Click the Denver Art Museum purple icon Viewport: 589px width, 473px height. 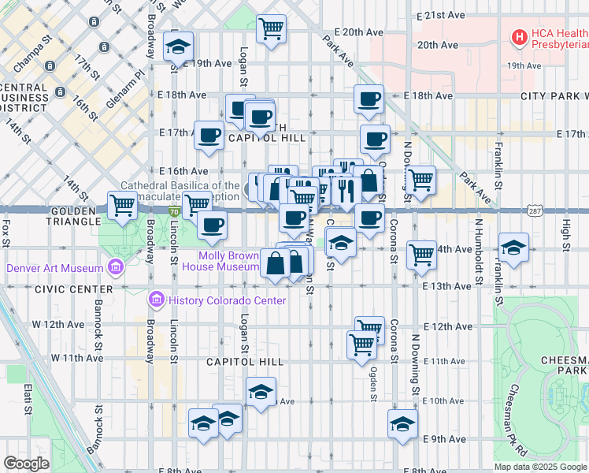pos(116,267)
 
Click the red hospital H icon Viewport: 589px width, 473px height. pos(519,35)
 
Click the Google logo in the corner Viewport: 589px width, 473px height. pos(26,464)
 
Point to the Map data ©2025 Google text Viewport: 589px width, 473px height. pos(540,467)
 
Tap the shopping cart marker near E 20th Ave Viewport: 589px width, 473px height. pos(271,29)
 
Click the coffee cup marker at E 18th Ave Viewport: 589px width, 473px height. pos(369,99)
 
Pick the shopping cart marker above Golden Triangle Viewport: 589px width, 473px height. pos(122,205)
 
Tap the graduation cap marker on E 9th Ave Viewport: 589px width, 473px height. pos(402,423)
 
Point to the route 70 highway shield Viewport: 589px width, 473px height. pos(173,211)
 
